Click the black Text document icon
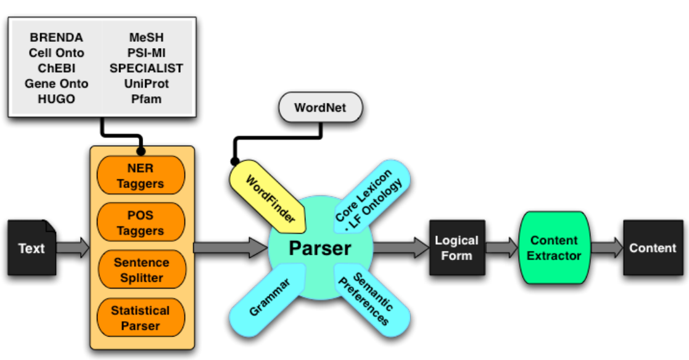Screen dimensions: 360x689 [31, 247]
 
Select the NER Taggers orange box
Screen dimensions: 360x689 [141, 176]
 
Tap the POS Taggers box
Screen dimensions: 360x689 [141, 223]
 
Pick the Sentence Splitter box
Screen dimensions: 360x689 [141, 270]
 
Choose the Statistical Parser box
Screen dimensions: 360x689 [141, 317]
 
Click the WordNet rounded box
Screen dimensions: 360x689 [320, 108]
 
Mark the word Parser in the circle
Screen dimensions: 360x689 [320, 248]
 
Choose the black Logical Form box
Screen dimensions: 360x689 [456, 247]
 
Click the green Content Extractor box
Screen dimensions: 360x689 [554, 247]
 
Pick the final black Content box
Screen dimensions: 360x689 [653, 247]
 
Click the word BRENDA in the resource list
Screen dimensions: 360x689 [56, 38]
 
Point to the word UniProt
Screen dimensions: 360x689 [146, 83]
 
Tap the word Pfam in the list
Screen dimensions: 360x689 [146, 99]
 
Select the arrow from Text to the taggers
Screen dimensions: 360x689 [72, 248]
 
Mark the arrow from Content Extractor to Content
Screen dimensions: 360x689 [606, 248]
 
